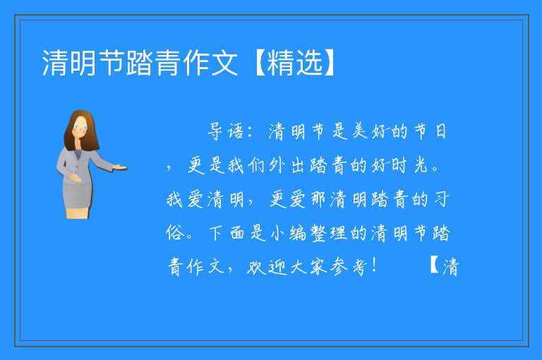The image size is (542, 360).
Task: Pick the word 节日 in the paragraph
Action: click(430, 131)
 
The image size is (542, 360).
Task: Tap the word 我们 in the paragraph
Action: click(246, 165)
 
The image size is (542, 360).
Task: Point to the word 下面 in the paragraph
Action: click(227, 233)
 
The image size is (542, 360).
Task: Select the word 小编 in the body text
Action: click(288, 233)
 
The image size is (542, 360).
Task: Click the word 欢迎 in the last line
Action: click(267, 267)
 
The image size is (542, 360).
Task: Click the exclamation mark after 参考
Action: click(375, 265)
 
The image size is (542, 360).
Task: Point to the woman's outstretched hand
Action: click(120, 168)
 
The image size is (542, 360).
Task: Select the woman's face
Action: click(80, 127)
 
